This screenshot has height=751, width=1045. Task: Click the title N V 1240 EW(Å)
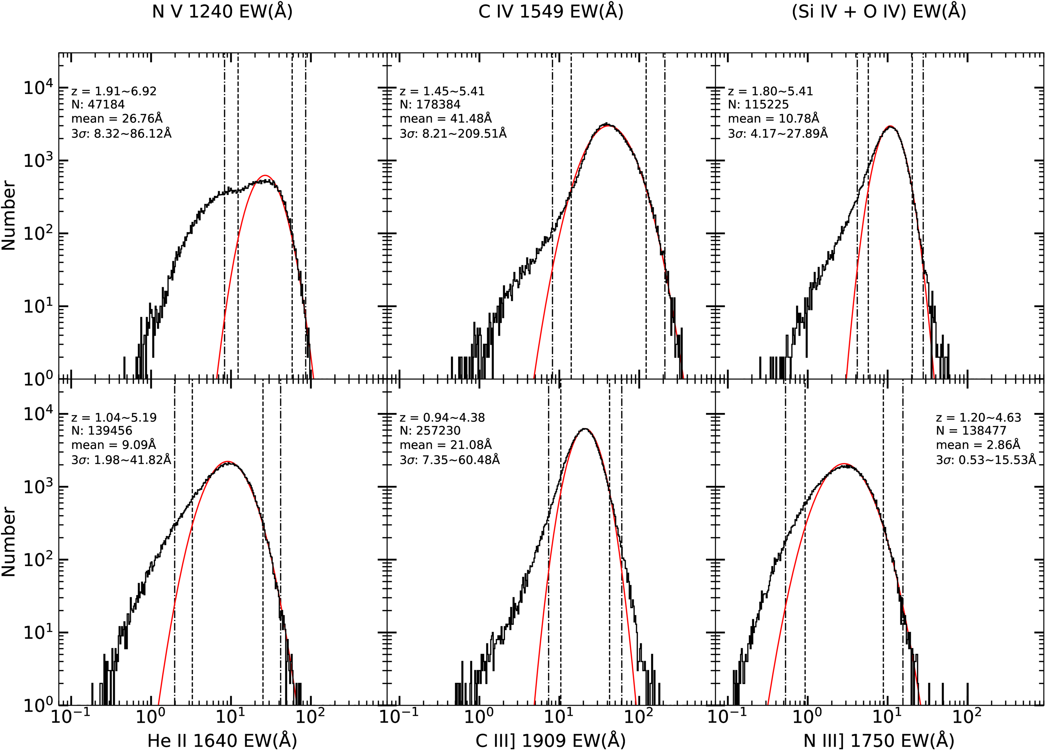click(222, 12)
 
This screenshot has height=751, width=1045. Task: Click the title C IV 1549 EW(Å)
click(551, 12)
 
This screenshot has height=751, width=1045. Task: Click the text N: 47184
click(98, 105)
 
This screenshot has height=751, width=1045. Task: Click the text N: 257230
click(430, 431)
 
